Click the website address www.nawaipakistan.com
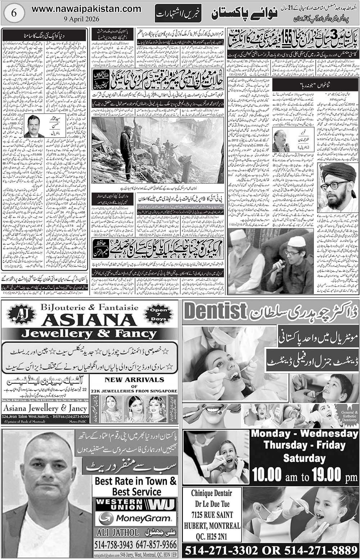86,9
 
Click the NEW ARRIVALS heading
134,379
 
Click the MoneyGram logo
135,519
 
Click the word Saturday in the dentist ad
304,458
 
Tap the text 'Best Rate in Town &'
135,481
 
